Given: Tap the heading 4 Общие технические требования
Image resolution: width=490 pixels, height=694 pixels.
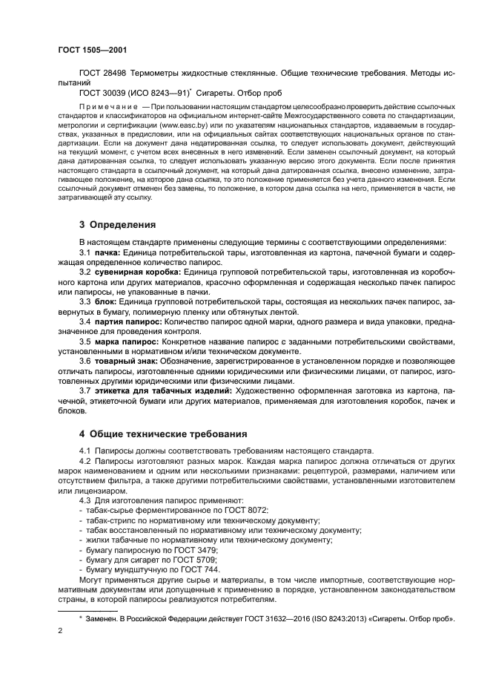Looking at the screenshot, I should pyautogui.click(x=163, y=433).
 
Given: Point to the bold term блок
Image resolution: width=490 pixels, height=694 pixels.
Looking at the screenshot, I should pyautogui.click(x=107, y=303).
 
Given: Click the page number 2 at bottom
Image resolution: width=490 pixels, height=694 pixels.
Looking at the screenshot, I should pyautogui.click(x=60, y=631).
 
